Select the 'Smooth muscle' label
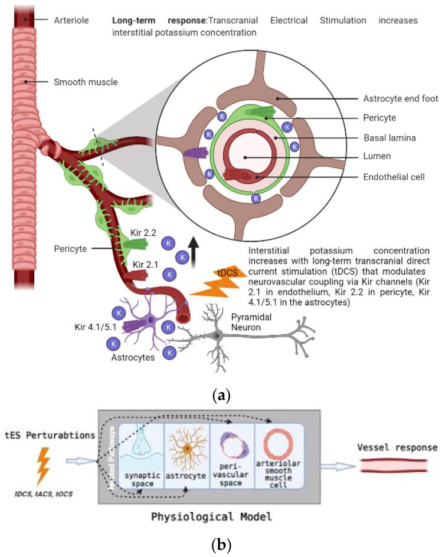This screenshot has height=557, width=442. (x=86, y=82)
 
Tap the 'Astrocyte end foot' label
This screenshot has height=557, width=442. (x=394, y=101)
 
